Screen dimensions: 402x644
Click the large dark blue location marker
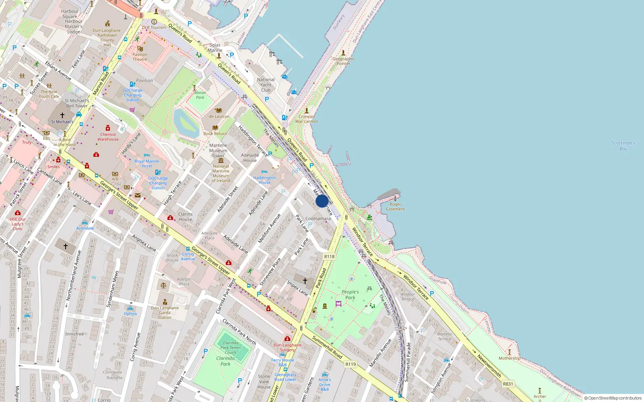pos(322,201)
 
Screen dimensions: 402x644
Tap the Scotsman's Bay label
pos(623,146)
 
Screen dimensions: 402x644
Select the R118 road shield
pos(329,256)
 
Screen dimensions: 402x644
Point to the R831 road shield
pos(508,384)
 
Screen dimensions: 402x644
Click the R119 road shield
pos(351,364)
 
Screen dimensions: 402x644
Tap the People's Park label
pos(350,295)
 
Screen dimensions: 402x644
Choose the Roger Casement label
pos(395,207)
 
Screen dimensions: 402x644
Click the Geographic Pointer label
pos(343,61)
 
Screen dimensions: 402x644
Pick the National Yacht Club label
pos(266,85)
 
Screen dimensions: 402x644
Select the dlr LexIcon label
pos(219,117)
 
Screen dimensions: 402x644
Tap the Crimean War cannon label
pos(306,119)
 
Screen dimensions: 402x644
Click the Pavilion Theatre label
pos(140,57)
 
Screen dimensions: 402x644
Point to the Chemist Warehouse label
pos(108,137)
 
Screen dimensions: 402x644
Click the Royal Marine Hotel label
pos(147,164)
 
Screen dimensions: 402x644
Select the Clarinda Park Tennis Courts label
pos(231,348)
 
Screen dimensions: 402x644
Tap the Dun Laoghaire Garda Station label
pos(165,312)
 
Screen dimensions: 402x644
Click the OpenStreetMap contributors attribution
pos(613,398)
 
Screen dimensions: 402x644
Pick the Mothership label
pos(509,358)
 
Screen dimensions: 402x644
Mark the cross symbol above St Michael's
pos(62,115)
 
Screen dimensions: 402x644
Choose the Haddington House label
pos(264,180)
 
